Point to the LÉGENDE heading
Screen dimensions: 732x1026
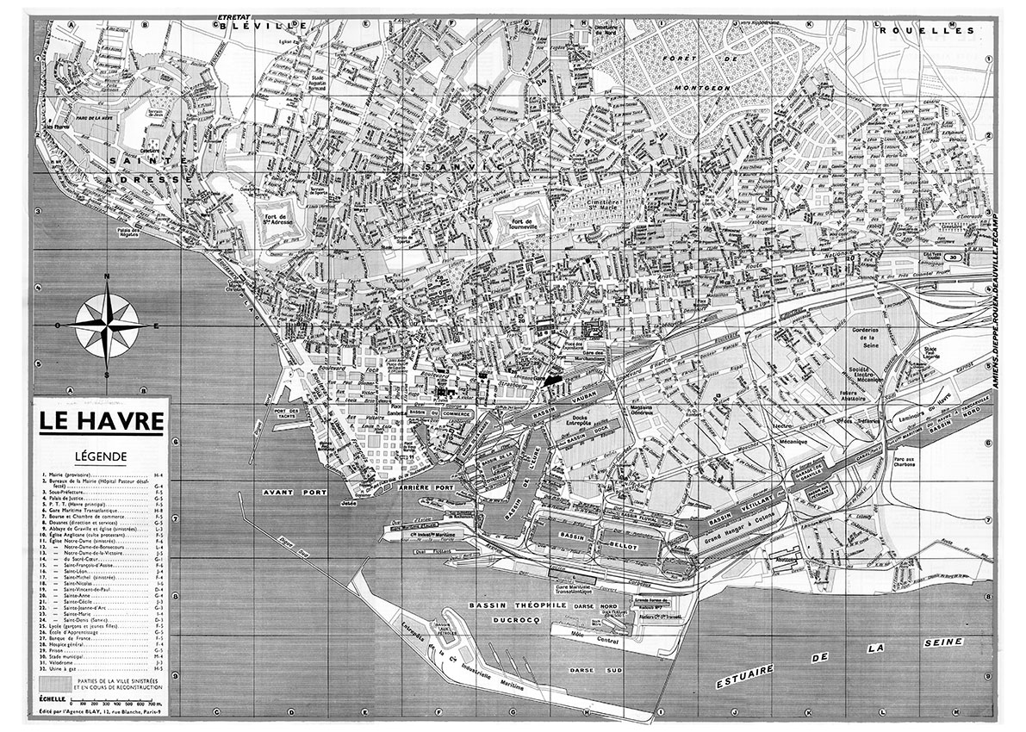point(100,456)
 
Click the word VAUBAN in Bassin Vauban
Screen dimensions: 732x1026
point(583,401)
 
